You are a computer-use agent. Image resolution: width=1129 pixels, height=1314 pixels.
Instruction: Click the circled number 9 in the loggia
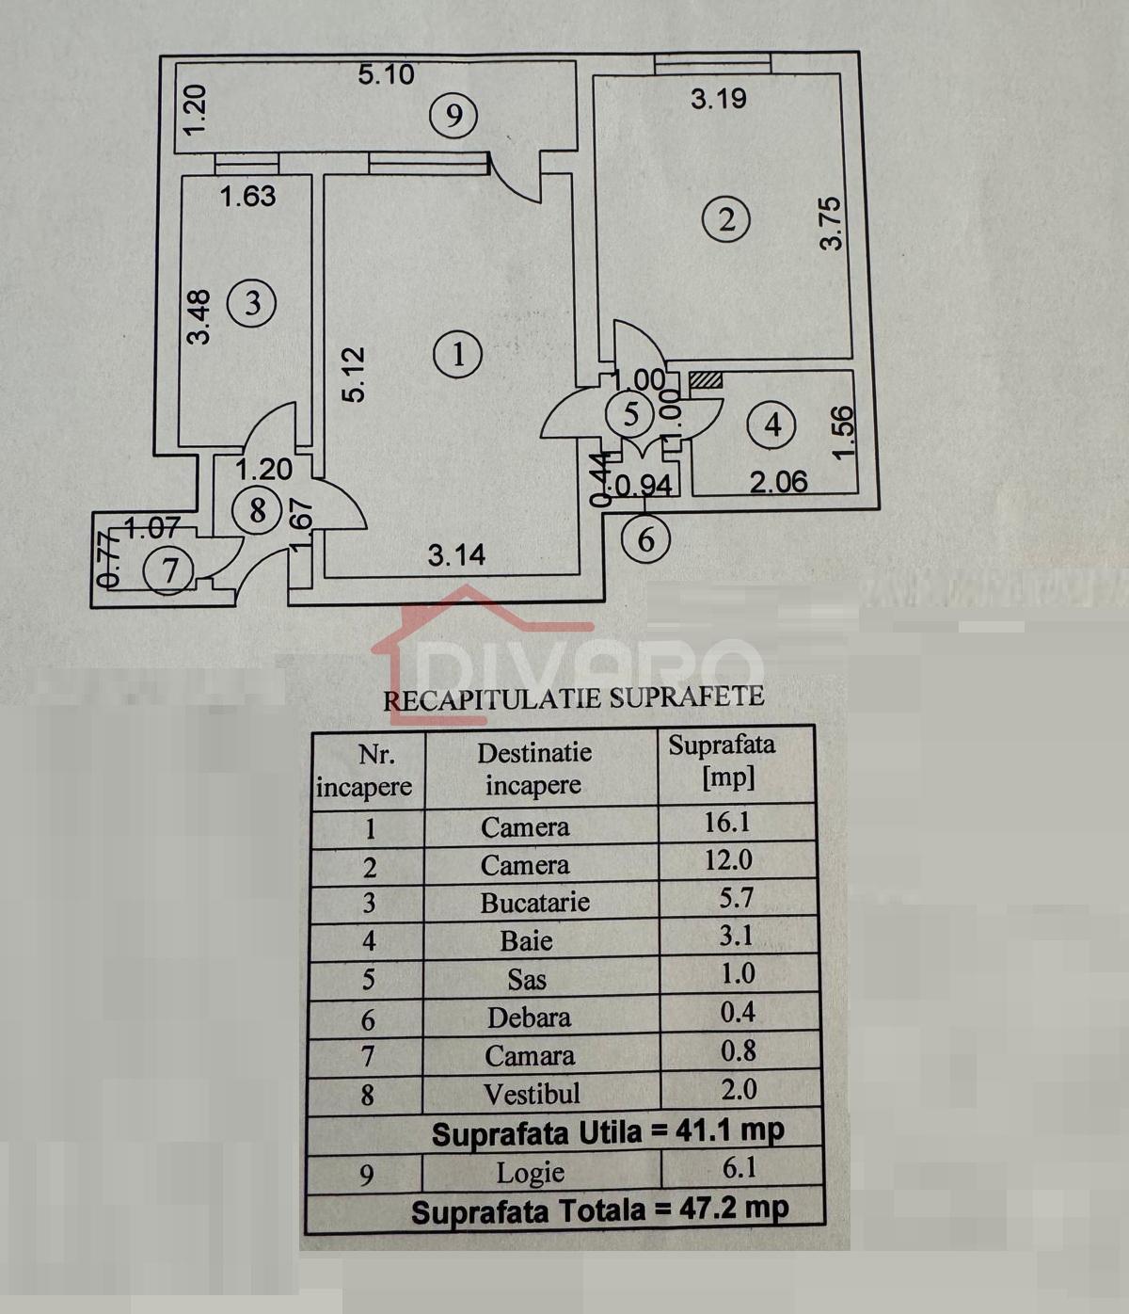tap(453, 116)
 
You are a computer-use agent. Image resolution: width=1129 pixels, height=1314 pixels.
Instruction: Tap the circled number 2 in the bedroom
tap(726, 219)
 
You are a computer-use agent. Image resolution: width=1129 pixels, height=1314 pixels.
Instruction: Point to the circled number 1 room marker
tap(458, 355)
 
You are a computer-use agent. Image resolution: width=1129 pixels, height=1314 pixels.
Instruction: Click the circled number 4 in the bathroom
tap(772, 425)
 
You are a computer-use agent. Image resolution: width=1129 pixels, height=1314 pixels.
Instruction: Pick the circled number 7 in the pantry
tap(169, 570)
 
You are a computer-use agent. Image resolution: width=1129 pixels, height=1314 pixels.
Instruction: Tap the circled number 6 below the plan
tap(645, 540)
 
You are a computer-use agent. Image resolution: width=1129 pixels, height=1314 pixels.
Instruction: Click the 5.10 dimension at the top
tap(386, 74)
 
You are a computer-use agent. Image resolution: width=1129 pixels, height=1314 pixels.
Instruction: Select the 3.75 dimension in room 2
tap(832, 223)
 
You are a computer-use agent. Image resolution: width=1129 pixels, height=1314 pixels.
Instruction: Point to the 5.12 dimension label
tap(353, 375)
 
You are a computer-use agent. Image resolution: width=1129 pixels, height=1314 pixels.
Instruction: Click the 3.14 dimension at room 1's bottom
tap(456, 555)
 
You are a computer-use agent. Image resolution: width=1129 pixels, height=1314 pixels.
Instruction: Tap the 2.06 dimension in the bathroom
tap(778, 482)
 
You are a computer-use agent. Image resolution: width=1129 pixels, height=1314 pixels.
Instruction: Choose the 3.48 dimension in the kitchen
tap(199, 316)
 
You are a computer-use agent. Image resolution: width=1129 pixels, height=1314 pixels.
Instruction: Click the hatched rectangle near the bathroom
tap(705, 380)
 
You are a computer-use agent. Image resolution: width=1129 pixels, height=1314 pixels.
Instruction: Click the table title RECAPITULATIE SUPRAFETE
tap(574, 697)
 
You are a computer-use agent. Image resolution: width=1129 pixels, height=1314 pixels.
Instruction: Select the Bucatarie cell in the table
tap(534, 903)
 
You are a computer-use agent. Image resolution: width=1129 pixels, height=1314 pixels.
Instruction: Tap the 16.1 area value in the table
tap(727, 823)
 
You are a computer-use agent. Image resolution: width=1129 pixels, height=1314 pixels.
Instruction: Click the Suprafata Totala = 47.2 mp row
tap(600, 1210)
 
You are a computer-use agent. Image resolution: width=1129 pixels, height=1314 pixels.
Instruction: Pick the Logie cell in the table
tap(531, 1173)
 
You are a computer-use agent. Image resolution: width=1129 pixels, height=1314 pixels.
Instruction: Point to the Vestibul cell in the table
tap(532, 1094)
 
